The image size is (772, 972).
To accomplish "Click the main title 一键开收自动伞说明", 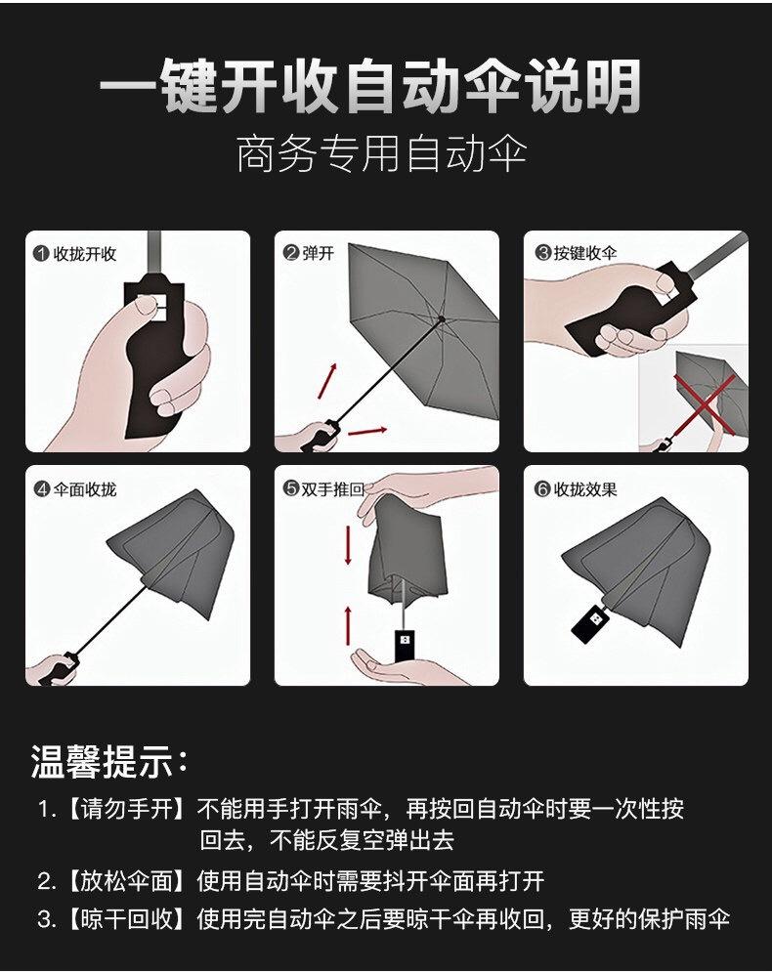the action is click(x=370, y=87).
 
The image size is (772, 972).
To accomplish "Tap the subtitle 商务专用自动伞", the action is click(x=382, y=154).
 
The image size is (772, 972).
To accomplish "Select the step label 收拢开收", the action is click(x=85, y=254).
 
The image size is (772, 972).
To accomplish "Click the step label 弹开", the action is click(x=319, y=253).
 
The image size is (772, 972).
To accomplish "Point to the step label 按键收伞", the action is click(x=584, y=253).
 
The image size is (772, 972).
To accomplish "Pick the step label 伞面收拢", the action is click(x=85, y=489).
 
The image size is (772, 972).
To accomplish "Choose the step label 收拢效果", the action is click(x=585, y=489).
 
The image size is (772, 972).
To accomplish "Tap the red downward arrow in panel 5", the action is click(x=348, y=545).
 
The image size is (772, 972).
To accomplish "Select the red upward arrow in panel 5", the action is click(x=348, y=626).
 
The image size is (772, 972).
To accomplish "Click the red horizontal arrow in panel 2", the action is click(x=367, y=431).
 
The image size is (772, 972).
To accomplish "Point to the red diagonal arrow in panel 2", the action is click(x=327, y=382).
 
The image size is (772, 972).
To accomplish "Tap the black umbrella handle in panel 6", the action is click(x=589, y=622).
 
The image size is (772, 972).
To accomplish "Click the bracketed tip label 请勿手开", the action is click(x=126, y=809).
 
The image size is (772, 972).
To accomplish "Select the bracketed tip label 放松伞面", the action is click(x=126, y=881).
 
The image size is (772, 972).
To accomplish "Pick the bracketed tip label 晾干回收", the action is click(x=126, y=918).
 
